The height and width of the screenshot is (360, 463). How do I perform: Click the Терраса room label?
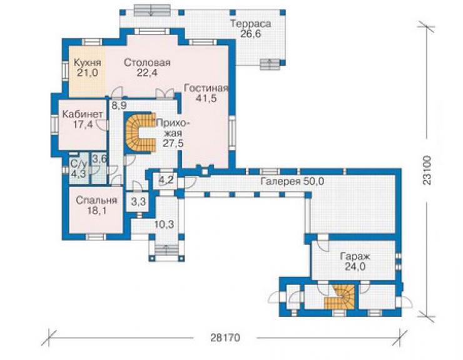(250, 23)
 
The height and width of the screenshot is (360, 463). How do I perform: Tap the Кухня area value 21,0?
(88, 73)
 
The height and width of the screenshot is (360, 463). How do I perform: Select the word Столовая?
(147, 63)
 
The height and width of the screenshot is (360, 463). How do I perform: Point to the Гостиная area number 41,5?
(206, 98)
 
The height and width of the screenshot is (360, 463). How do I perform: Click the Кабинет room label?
(83, 115)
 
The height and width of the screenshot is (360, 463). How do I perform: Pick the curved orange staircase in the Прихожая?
(141, 132)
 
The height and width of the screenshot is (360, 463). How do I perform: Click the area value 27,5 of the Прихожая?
(173, 143)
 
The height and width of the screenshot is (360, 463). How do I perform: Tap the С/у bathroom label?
(78, 163)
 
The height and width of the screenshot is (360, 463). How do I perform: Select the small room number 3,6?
(99, 159)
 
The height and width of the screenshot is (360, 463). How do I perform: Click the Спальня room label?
(96, 200)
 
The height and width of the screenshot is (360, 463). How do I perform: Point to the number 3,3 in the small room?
(138, 202)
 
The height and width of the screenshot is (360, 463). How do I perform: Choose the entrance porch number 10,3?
(165, 225)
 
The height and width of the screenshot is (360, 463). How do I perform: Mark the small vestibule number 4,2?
(166, 180)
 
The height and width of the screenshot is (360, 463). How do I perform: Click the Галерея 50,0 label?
(292, 182)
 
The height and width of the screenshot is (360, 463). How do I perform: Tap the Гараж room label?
(355, 256)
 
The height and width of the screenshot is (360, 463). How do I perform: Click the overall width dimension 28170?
(225, 337)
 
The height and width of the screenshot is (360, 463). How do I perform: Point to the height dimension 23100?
(427, 170)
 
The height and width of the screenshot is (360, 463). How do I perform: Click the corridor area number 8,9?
(119, 105)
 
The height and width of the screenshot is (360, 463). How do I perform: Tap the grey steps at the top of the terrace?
(152, 11)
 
